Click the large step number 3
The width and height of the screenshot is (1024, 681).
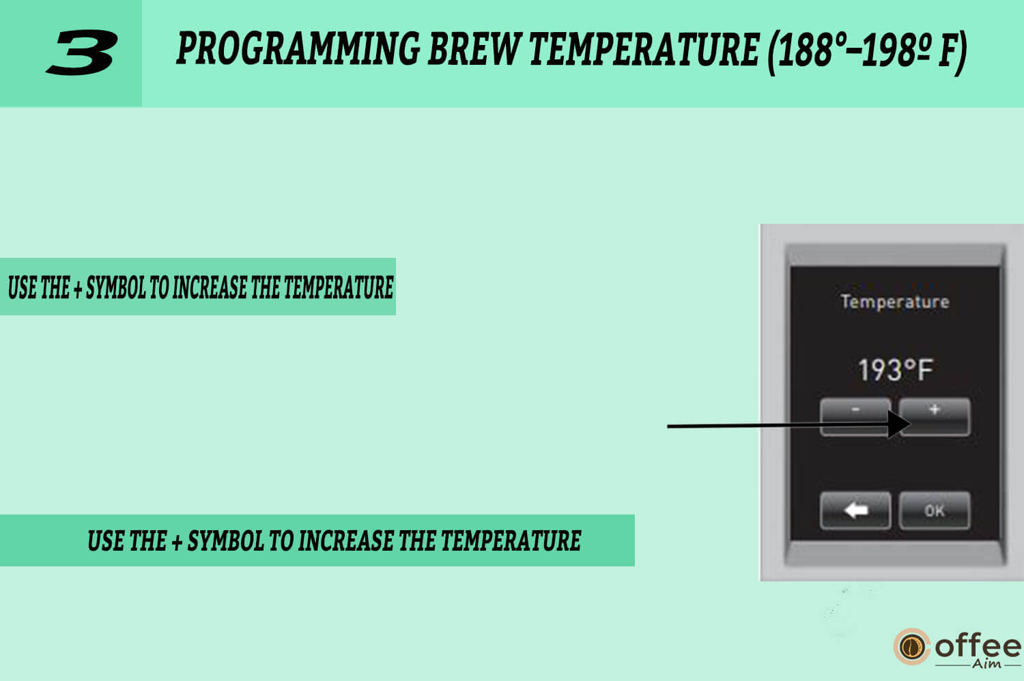(82, 53)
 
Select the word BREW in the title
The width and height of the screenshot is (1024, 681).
(475, 49)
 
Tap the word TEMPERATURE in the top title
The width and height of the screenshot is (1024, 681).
(645, 49)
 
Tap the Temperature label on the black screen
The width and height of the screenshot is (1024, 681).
(894, 302)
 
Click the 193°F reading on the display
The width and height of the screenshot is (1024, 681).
(895, 370)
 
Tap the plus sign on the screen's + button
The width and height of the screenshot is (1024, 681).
(935, 409)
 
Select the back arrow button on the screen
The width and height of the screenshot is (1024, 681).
(855, 510)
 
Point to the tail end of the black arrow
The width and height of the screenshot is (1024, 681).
(668, 426)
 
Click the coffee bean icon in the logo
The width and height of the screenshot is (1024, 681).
(911, 647)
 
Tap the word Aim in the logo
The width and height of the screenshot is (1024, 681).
(986, 663)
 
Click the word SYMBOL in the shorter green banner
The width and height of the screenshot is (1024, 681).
(116, 287)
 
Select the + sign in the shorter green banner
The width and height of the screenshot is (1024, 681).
(78, 289)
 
